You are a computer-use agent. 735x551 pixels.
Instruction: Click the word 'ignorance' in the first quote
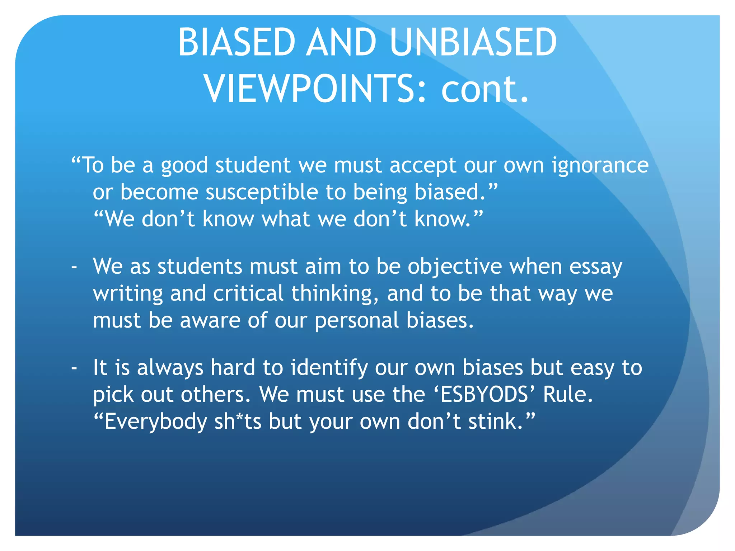point(600,166)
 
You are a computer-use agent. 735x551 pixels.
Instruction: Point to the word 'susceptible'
point(262,193)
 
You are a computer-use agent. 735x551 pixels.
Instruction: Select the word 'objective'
point(455,267)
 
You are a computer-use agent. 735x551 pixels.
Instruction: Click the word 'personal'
point(357,321)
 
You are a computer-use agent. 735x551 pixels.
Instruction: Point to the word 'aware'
point(210,320)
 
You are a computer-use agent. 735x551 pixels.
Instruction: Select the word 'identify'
point(329,368)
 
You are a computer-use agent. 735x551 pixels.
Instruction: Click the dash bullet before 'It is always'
point(74,368)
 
